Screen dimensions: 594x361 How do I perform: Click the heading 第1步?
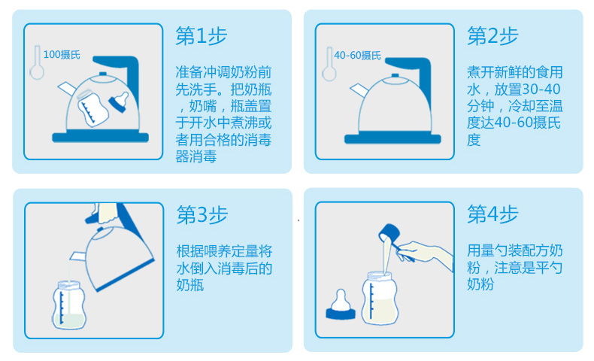coord(202,36)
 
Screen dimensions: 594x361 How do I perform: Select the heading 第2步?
coord(492,36)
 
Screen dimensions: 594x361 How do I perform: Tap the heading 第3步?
coord(202,215)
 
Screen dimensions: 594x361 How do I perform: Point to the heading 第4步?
coord(492,214)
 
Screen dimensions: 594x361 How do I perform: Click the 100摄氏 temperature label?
coord(62,55)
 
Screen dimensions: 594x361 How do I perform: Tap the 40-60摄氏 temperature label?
coord(357,56)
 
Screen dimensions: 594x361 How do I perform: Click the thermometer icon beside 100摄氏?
coord(37,62)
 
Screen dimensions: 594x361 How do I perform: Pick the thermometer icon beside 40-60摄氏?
coord(329,64)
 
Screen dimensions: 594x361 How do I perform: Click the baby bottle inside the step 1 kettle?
coord(92,108)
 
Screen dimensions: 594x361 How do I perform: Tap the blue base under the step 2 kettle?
coord(392,138)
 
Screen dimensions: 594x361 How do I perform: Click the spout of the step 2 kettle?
coord(359,91)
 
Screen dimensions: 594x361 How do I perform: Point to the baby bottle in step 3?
coord(69,305)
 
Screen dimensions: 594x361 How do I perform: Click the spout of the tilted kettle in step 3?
coord(78,256)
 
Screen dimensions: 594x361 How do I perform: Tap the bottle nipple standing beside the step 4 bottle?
coord(341,305)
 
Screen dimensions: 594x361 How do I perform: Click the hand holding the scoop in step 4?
coord(425,253)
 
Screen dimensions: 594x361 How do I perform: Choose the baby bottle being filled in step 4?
coord(379,298)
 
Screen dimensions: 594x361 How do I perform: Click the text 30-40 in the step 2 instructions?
coord(541,89)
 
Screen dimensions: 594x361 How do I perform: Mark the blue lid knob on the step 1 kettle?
coord(103,74)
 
